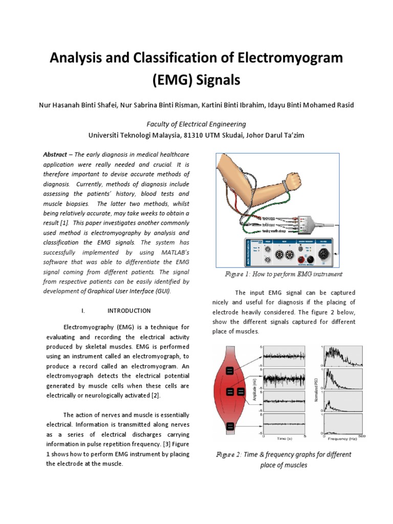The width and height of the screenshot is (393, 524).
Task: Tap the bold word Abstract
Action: (55, 155)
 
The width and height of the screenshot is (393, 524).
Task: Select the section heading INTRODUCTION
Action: (129, 311)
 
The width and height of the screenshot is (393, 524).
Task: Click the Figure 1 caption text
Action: (283, 274)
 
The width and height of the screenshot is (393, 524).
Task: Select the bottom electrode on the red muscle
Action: (230, 426)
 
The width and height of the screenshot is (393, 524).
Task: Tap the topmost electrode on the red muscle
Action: (230, 371)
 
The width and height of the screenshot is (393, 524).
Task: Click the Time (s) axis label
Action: (285, 439)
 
